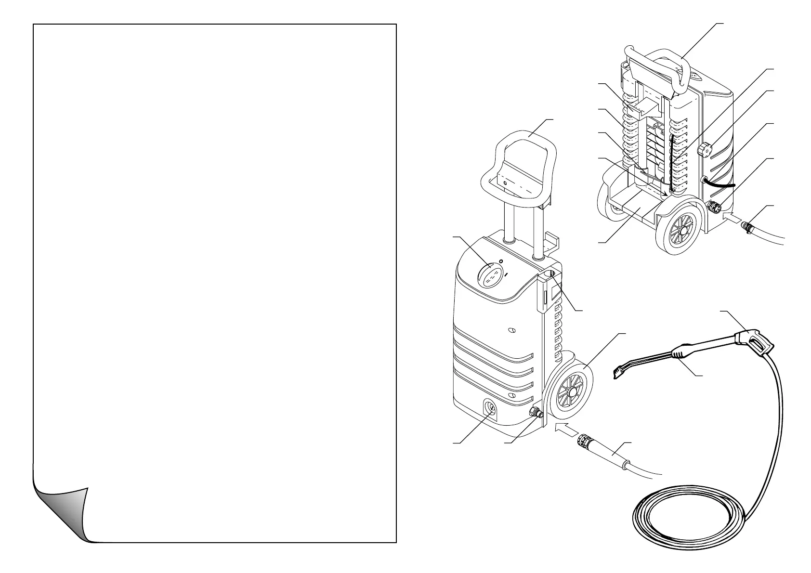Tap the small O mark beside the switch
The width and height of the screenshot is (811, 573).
click(501, 261)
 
